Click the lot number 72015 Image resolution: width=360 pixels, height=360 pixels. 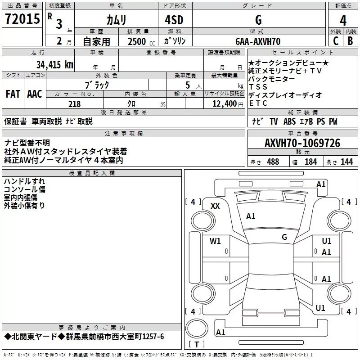click(22, 20)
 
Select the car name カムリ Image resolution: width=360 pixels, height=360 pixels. click(116, 20)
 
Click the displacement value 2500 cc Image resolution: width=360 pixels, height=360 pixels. click(137, 41)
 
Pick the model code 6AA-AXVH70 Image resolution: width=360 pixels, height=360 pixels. click(258, 41)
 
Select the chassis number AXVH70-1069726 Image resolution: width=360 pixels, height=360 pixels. click(302, 143)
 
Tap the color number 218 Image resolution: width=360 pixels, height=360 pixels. click(74, 104)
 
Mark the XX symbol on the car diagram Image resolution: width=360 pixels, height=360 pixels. click(215, 206)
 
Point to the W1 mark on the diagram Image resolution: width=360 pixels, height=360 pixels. click(215, 241)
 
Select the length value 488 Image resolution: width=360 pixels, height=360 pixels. click(273, 162)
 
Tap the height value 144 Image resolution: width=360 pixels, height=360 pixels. click(346, 162)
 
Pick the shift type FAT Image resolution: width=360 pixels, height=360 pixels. click(13, 94)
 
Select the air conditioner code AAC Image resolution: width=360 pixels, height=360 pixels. click(34, 94)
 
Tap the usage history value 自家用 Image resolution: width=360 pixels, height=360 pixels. click(97, 41)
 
